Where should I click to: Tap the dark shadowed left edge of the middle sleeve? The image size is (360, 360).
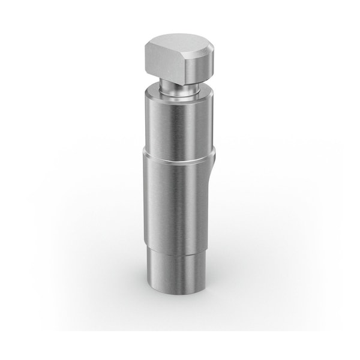[x=146, y=198]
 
